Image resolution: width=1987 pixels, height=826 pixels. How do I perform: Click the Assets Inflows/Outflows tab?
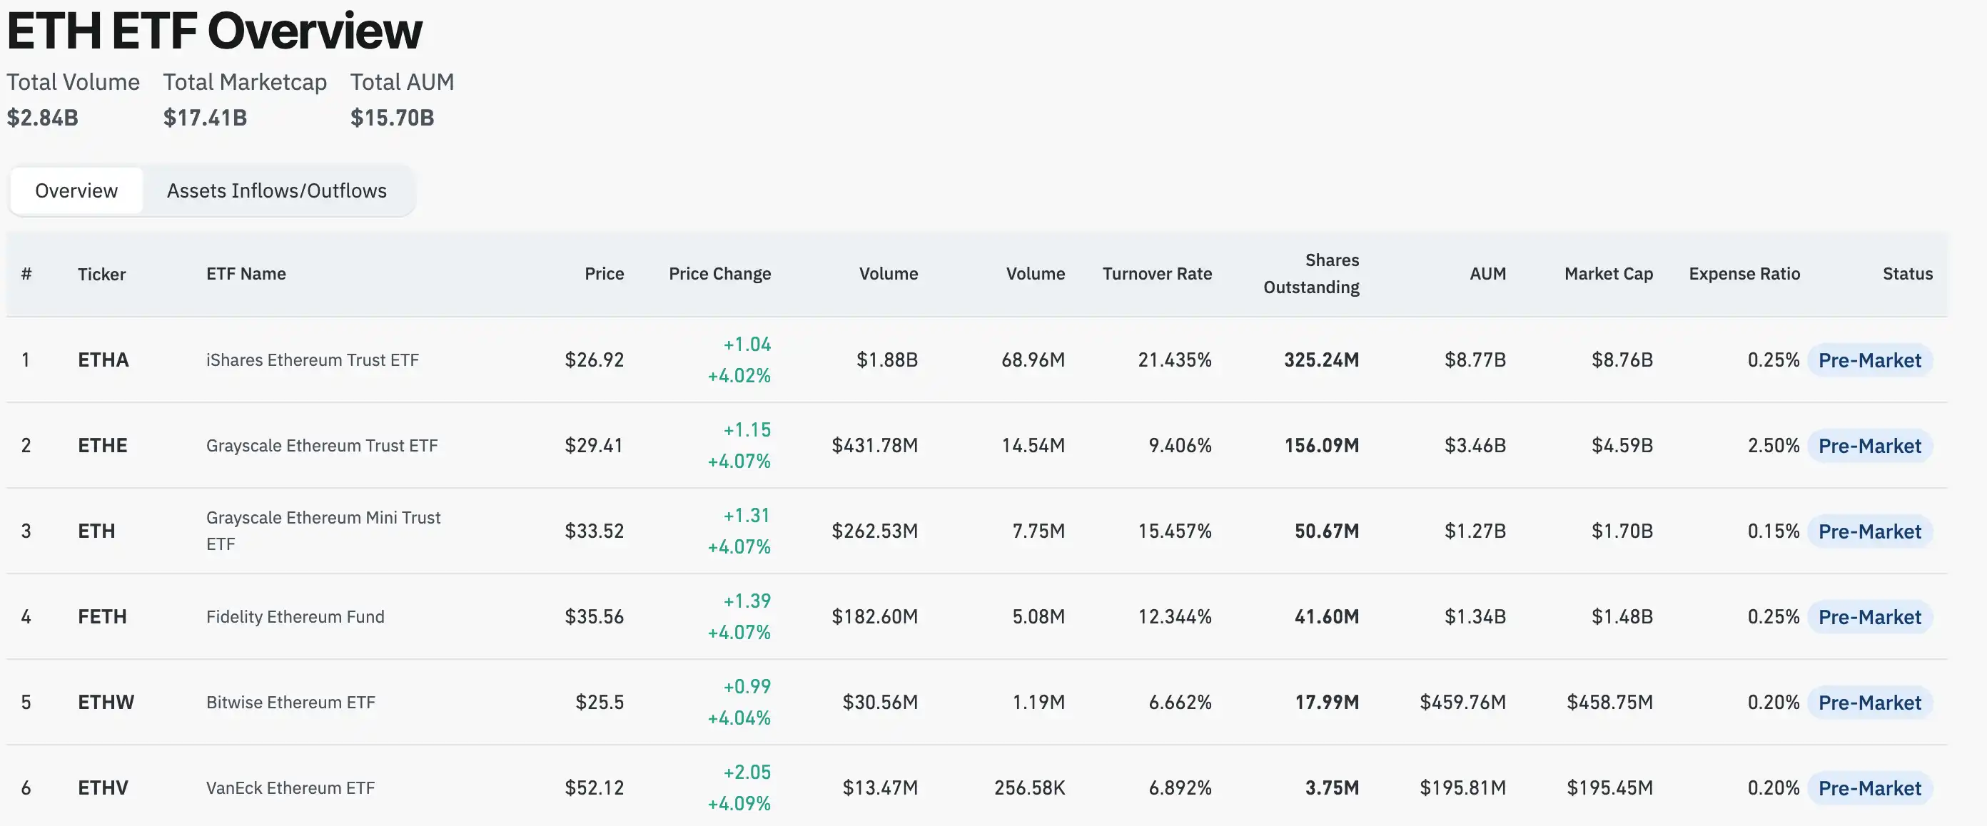[276, 190]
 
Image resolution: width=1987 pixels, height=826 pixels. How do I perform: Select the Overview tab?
[76, 190]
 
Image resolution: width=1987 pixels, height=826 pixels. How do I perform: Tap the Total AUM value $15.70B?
[392, 118]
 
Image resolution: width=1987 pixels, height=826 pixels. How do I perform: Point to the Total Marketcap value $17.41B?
[205, 118]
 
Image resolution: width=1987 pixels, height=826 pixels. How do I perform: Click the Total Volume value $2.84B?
[42, 118]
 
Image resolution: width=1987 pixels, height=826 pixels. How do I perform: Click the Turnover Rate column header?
[1156, 274]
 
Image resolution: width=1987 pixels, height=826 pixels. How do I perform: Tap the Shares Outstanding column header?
[1310, 274]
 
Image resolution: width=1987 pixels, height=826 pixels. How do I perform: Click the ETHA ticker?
[103, 360]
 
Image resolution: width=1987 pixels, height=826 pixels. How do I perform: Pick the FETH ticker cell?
[102, 617]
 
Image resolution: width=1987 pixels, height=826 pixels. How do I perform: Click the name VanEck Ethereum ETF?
[290, 788]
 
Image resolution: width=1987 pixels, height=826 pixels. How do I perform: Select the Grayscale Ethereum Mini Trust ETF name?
[323, 531]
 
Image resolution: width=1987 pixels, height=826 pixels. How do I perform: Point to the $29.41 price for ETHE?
[593, 446]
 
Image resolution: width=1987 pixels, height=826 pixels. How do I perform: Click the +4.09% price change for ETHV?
[738, 804]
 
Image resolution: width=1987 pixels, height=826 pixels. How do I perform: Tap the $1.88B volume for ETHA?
[886, 360]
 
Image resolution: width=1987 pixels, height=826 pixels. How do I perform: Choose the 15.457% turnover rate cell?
[1174, 531]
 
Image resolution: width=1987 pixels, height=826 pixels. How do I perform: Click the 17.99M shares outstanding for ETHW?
[1326, 703]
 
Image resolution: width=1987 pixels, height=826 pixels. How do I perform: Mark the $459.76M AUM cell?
[1462, 703]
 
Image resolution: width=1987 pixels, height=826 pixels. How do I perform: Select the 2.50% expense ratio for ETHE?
[1773, 446]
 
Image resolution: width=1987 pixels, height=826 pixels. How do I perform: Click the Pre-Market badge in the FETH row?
[1869, 617]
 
